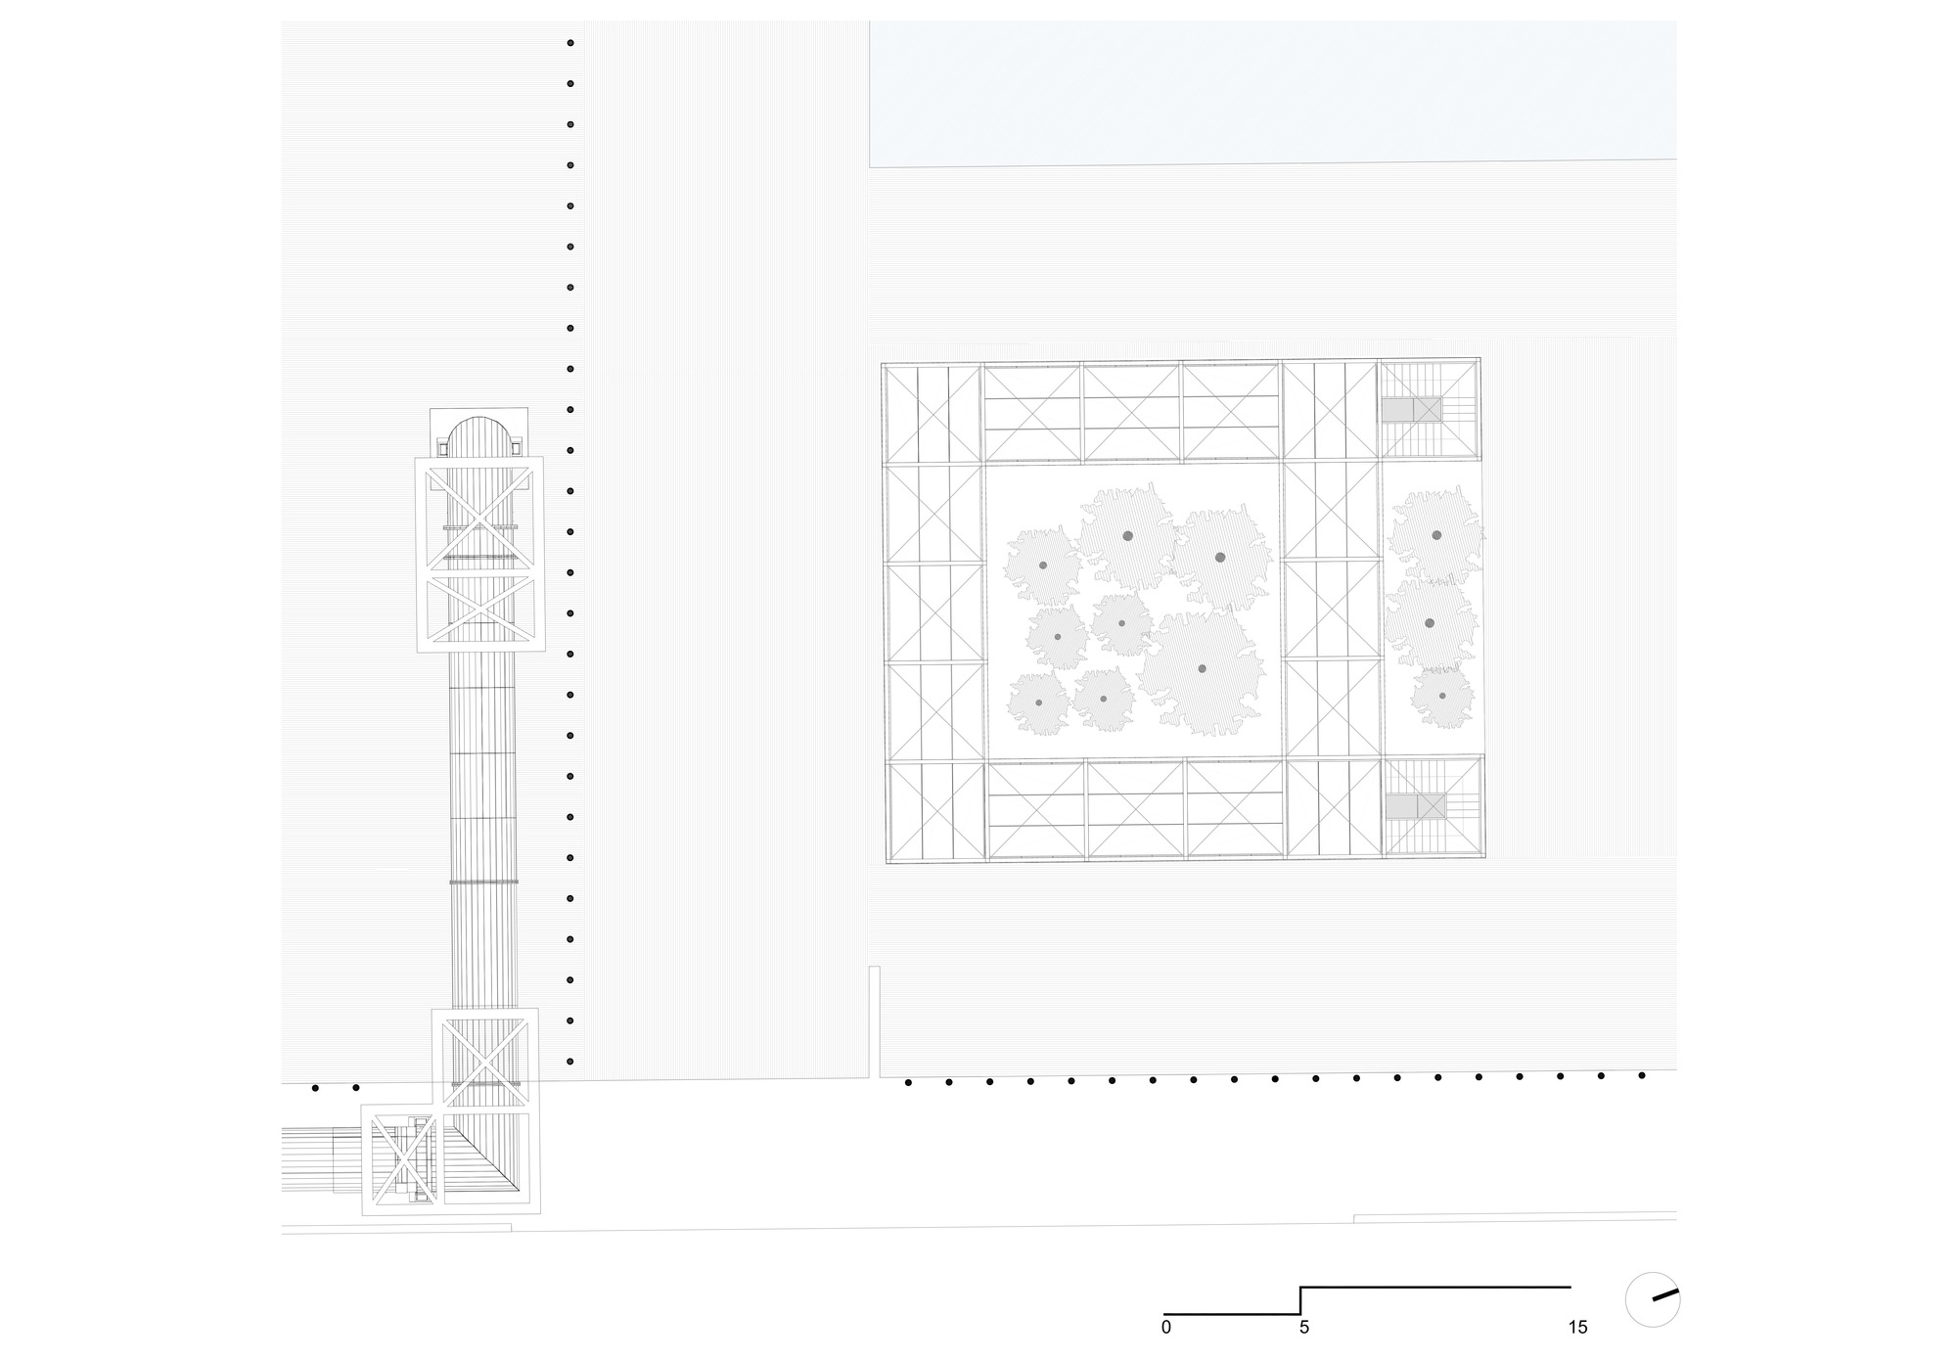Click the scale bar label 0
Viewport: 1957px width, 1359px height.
click(1165, 1328)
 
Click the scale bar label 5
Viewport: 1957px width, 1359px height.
click(1303, 1328)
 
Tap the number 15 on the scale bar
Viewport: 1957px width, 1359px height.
click(1576, 1328)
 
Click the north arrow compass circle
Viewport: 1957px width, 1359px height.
click(1653, 1299)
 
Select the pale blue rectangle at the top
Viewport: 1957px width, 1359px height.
click(1272, 93)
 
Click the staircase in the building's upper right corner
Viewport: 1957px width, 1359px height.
click(1428, 409)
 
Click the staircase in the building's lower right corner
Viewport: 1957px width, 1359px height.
click(1433, 807)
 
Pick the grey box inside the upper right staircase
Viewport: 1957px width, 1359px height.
click(1397, 409)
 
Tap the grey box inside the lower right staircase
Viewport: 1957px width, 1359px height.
click(1401, 806)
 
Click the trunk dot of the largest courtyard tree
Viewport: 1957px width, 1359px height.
click(1202, 668)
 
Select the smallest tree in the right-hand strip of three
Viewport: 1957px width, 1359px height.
click(1442, 696)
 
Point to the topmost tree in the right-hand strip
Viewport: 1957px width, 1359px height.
click(1436, 535)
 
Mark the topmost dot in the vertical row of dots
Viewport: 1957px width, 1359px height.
click(570, 43)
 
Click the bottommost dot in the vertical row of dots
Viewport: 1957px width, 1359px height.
click(570, 1062)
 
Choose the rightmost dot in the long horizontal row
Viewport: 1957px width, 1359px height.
click(1642, 1075)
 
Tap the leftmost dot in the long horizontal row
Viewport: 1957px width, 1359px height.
click(908, 1082)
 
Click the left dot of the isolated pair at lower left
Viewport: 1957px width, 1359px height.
click(315, 1087)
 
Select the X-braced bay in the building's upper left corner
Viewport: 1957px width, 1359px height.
click(933, 414)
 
